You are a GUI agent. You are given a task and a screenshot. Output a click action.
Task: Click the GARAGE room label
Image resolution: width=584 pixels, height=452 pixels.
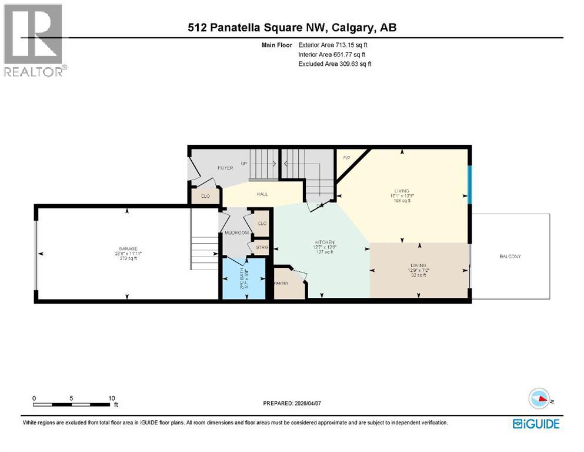coord(126,248)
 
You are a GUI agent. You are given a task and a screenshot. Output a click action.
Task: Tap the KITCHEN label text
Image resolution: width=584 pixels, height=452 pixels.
coord(324,242)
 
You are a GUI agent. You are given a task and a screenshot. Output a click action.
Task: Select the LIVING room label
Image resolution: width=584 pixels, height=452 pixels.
coord(402,191)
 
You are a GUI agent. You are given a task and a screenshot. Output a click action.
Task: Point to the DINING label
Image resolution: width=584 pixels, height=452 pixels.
coord(419,265)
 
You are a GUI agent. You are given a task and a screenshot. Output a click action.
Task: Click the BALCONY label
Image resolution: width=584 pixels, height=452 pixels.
coord(510,256)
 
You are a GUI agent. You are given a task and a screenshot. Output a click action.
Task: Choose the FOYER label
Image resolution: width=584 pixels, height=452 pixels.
coord(225,168)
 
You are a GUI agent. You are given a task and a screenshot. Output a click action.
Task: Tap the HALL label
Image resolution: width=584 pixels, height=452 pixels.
coord(262,194)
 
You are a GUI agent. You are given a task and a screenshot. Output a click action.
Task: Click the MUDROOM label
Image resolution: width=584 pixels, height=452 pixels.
coord(237,233)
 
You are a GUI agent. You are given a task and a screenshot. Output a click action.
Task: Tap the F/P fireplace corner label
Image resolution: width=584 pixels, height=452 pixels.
coord(346,157)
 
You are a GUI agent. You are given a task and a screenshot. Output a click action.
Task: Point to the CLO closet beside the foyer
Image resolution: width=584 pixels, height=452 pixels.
coord(205,196)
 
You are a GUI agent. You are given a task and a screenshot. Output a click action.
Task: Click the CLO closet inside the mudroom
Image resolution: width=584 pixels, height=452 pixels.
coord(262,224)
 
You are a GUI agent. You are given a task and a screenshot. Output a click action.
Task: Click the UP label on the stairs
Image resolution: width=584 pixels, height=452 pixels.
coord(243,163)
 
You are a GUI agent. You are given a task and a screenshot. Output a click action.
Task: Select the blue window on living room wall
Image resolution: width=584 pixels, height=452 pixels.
coord(469,184)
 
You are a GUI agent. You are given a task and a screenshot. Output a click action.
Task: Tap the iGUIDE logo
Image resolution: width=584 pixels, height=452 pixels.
coord(536,424)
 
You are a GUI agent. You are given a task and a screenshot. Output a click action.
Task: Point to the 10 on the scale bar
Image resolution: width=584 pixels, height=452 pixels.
coord(111,398)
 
